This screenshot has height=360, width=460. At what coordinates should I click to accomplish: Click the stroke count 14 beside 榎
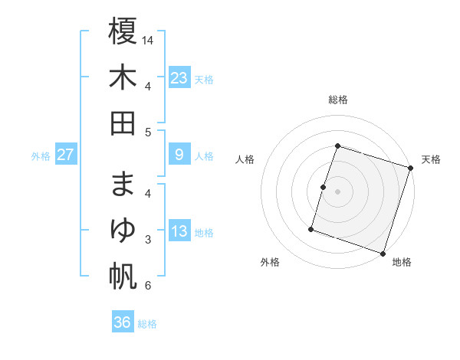pos(149,40)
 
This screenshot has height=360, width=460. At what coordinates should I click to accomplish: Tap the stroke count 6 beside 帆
pos(147,286)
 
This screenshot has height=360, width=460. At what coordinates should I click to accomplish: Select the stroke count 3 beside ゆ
pos(147,241)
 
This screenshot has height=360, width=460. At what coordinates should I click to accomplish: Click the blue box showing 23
pos(179,77)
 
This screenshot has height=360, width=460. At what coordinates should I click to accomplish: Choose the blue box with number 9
pos(179,155)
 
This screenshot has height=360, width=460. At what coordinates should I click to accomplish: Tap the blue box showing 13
pos(179,232)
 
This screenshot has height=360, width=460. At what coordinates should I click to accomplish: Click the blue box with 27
pos(65,155)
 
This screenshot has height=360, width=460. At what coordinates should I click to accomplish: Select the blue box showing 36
pos(123,322)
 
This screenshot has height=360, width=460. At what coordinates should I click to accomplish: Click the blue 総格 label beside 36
pos(147,324)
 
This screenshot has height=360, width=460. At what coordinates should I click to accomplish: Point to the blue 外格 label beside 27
pos(41,156)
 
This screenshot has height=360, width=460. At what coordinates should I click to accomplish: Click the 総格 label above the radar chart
pos(337,100)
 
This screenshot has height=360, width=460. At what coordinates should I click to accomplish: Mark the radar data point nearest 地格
pos(383,253)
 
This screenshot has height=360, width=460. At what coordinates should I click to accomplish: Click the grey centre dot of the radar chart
pos(337,191)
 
